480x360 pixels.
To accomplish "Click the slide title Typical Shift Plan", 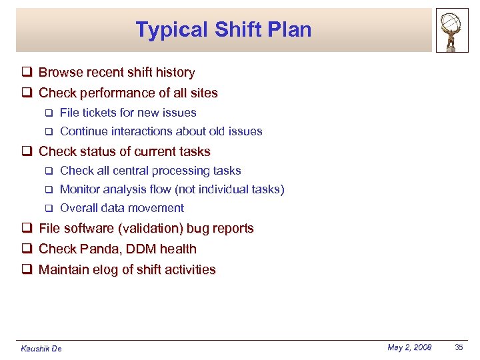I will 223,29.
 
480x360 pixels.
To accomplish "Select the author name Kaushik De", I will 41,349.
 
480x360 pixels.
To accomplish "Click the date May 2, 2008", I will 409,347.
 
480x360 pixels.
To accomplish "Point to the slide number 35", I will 459,347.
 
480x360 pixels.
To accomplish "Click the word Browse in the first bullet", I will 60,73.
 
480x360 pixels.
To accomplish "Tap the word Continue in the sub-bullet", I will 84,131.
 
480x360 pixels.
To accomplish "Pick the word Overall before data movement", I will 79,208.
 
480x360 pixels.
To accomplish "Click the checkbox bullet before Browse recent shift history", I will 27,73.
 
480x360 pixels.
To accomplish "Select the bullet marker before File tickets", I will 47,113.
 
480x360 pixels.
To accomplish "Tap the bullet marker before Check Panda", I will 27,249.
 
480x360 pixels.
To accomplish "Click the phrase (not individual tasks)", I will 229,189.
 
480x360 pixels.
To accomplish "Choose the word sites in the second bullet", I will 203,93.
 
